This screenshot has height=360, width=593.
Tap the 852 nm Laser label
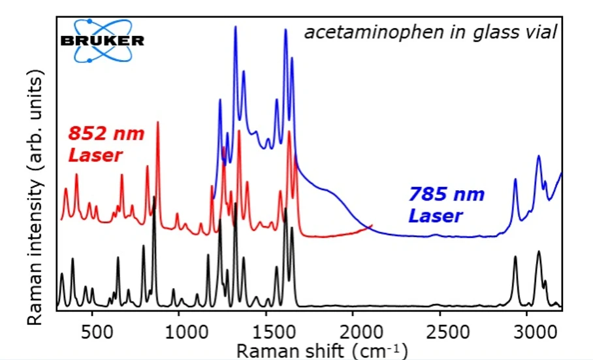tap(106, 145)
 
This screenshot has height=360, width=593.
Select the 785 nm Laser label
tap(447, 205)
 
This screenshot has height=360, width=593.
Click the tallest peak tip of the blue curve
tap(235, 27)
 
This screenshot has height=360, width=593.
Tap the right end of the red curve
tap(372, 226)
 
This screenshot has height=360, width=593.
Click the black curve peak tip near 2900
tap(515, 257)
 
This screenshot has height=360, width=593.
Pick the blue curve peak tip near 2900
tap(515, 179)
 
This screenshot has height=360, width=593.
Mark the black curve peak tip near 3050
tap(539, 252)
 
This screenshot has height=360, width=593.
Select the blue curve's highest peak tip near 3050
tap(539, 156)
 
